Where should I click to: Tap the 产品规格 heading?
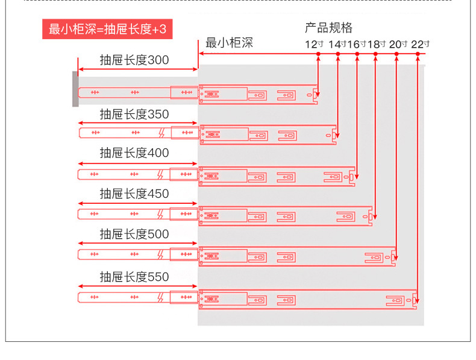click(x=328, y=28)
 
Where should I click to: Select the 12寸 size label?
click(x=315, y=44)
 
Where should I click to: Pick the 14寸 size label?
click(x=337, y=44)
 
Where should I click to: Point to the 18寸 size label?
click(x=377, y=44)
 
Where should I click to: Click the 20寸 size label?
click(x=398, y=44)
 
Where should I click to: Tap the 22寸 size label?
click(x=420, y=44)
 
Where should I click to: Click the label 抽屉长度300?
click(x=134, y=60)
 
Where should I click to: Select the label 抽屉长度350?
click(x=134, y=115)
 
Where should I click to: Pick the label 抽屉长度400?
click(x=134, y=153)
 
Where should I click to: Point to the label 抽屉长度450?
click(x=134, y=194)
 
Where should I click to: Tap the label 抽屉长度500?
click(x=134, y=234)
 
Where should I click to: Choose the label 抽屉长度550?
click(x=134, y=277)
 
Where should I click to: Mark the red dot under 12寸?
click(x=318, y=54)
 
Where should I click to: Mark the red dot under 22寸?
click(x=418, y=54)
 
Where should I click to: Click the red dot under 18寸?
click(x=376, y=54)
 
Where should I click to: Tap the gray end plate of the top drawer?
click(x=75, y=89)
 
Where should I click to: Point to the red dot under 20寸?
click(x=396, y=54)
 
